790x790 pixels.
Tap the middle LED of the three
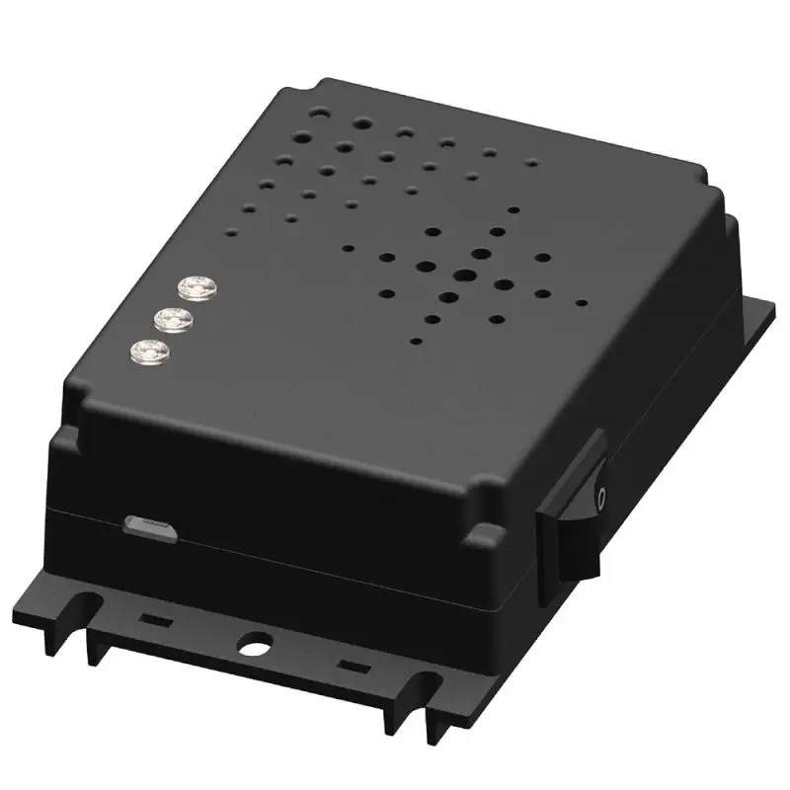(x=175, y=318)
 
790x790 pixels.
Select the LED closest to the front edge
(x=150, y=350)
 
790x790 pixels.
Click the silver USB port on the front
(x=150, y=526)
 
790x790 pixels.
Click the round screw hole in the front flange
(x=254, y=642)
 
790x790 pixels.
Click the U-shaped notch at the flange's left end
(x=91, y=603)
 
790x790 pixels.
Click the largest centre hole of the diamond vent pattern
(x=462, y=276)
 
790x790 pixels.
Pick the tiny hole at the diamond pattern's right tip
(x=584, y=303)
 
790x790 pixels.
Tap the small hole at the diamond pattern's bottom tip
(x=417, y=342)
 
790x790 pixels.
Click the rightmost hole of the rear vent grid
(x=533, y=162)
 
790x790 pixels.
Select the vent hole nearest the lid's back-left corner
(x=316, y=114)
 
